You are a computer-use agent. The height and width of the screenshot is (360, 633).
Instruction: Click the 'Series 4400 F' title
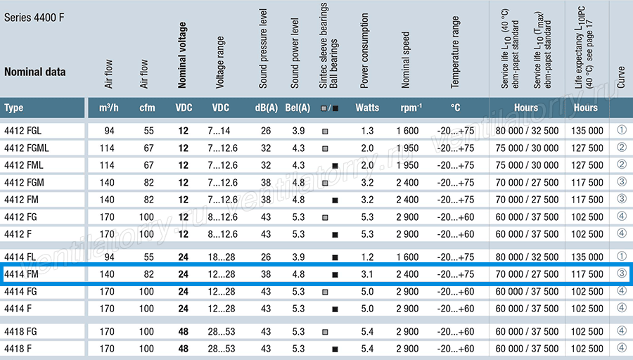[34, 18]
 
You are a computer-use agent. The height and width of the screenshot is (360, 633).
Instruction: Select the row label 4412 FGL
[23, 131]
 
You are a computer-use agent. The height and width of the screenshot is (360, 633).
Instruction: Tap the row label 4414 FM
[21, 274]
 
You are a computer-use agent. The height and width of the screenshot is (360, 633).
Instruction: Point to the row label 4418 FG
[20, 332]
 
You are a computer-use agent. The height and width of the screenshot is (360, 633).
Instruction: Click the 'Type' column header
[14, 108]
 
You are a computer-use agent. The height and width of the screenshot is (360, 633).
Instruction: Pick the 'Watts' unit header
[367, 108]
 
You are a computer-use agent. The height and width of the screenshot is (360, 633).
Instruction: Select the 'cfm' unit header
[147, 108]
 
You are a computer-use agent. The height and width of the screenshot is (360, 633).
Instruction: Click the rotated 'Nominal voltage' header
[182, 55]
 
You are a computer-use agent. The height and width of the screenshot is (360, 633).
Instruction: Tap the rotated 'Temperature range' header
[455, 52]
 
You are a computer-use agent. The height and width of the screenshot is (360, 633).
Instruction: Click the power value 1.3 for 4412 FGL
[367, 131]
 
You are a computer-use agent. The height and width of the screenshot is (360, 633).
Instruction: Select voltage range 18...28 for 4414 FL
[222, 257]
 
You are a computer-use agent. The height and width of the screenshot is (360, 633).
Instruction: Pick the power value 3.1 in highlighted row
[367, 274]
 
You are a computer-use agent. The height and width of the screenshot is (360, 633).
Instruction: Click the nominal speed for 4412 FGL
[407, 131]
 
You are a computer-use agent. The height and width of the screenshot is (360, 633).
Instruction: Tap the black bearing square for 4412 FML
[335, 166]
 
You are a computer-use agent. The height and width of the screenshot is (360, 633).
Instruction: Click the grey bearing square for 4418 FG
[325, 332]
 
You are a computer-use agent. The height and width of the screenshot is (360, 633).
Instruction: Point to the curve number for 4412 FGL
[621, 130]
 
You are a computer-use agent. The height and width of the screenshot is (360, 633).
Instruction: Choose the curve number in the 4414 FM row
[621, 274]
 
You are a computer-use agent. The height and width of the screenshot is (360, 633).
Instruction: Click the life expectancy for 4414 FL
[587, 257]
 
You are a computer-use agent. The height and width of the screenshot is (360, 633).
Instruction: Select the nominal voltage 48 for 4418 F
[184, 349]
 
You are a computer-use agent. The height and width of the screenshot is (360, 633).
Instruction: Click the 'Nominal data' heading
[34, 72]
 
